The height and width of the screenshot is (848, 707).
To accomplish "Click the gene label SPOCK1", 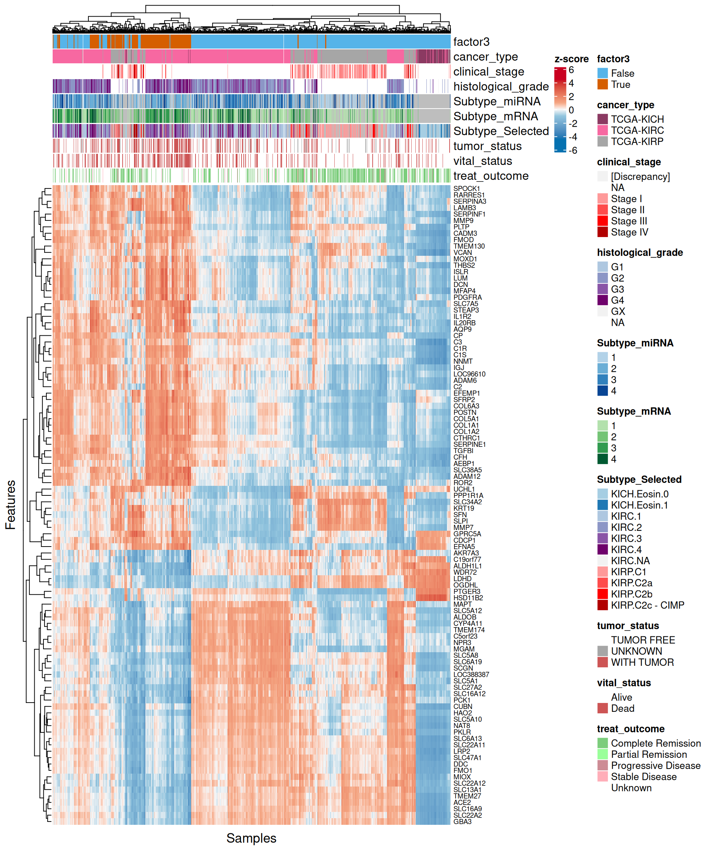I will click(x=466, y=188).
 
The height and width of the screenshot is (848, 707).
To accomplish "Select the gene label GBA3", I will click(x=462, y=821).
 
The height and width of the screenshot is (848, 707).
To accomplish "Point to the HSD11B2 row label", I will click(x=468, y=598).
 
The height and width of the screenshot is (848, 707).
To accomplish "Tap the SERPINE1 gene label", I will click(x=469, y=444).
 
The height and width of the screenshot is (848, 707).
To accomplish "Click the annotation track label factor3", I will click(x=471, y=42).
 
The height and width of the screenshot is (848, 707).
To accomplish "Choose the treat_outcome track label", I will click(x=490, y=176).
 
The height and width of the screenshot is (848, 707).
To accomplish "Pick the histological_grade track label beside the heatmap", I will click(x=500, y=86).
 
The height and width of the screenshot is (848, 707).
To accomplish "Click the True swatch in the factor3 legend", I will click(x=602, y=84).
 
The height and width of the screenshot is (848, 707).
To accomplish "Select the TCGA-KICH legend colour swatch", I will click(x=602, y=119).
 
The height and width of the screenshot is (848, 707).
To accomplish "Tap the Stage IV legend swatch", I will click(x=602, y=232).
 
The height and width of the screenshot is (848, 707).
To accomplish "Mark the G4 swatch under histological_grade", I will click(x=602, y=300).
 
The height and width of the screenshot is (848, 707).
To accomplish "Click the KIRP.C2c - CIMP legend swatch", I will click(x=602, y=605).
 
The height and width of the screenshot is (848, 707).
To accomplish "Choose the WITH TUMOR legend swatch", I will click(x=602, y=662).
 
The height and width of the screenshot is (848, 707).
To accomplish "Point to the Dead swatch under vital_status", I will click(x=602, y=708).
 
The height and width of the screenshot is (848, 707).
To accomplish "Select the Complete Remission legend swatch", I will click(x=602, y=743).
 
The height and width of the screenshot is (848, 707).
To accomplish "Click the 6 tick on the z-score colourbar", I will click(x=571, y=70).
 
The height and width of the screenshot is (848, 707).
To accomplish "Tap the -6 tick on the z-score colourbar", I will click(x=573, y=150).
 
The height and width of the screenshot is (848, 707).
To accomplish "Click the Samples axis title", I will click(x=251, y=838).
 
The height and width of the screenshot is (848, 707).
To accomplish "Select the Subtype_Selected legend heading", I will click(x=639, y=479).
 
